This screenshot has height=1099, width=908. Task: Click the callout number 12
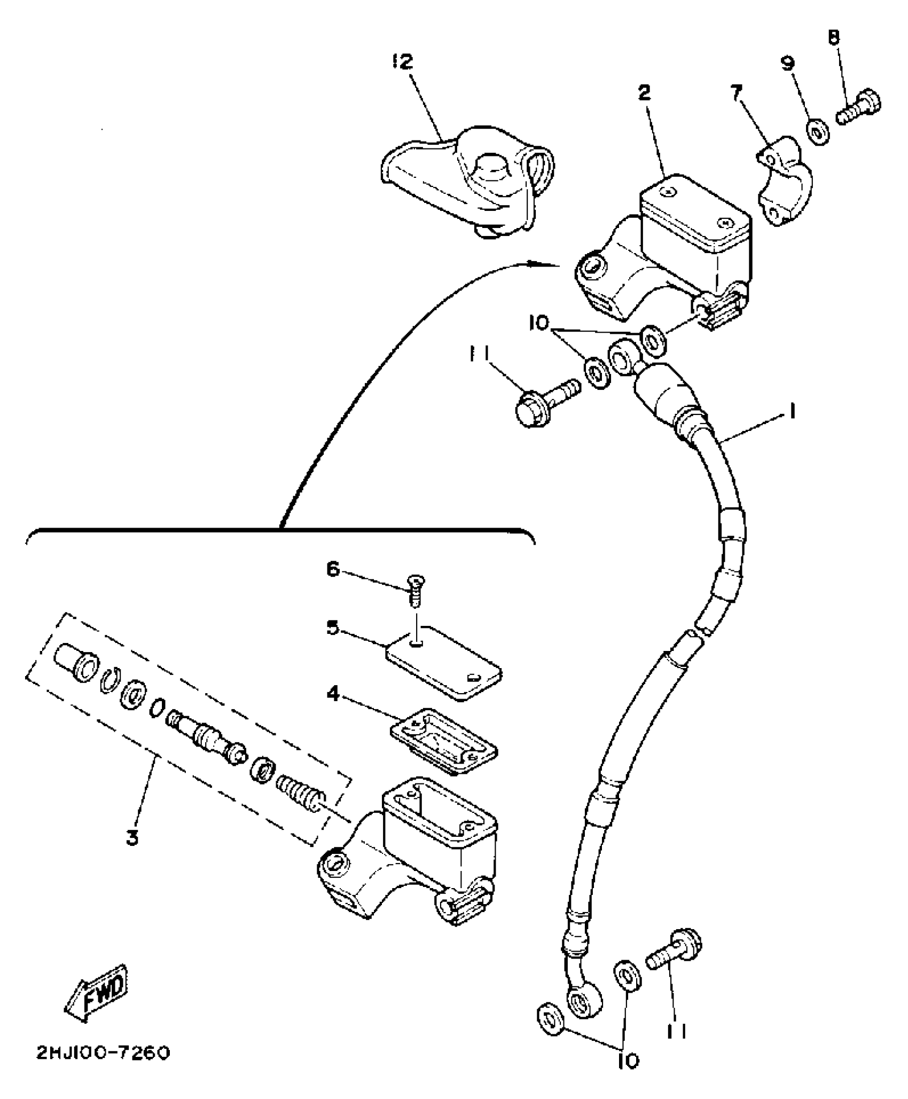click(402, 62)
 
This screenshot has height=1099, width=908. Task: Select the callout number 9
click(788, 63)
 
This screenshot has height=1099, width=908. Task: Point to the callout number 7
click(737, 94)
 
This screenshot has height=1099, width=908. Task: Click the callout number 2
click(645, 92)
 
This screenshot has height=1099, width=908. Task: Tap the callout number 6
click(333, 570)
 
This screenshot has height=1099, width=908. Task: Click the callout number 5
click(333, 628)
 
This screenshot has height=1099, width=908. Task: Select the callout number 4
click(333, 695)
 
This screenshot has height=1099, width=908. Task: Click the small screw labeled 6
click(414, 590)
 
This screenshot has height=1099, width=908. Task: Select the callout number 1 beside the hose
click(792, 412)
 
